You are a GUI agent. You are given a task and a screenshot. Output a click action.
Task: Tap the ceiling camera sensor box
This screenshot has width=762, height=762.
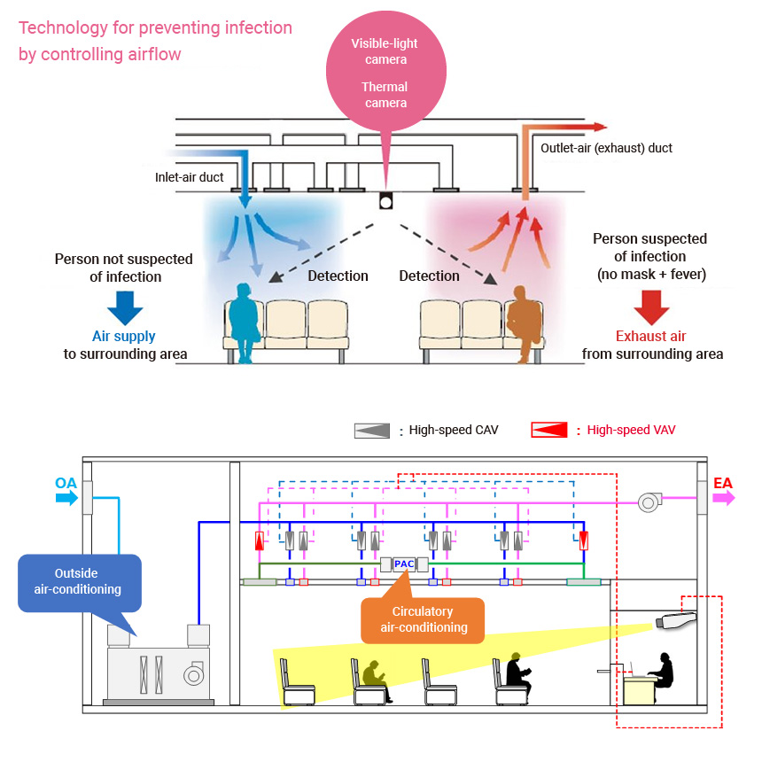pyautogui.click(x=385, y=200)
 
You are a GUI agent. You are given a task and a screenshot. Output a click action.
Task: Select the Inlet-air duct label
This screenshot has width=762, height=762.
pyautogui.click(x=190, y=177)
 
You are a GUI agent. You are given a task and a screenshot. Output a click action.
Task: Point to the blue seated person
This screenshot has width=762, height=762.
pyautogui.click(x=243, y=320)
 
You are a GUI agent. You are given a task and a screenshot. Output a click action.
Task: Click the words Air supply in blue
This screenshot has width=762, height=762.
pyautogui.click(x=124, y=337)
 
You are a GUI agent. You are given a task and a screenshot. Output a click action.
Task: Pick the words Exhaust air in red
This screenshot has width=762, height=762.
pyautogui.click(x=651, y=337)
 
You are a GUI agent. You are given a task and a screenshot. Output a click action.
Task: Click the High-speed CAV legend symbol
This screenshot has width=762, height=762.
pyautogui.click(x=371, y=431)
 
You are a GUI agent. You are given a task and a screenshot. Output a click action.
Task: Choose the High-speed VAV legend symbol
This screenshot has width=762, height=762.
pyautogui.click(x=548, y=431)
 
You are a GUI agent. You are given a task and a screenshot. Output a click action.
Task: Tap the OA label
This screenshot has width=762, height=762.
pyautogui.click(x=66, y=483)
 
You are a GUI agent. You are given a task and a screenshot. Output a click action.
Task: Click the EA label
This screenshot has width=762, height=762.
pyautogui.click(x=723, y=483)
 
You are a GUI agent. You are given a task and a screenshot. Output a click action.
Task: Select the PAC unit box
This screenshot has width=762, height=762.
pyautogui.click(x=404, y=564)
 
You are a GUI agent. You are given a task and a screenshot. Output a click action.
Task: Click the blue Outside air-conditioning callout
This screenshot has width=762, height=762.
pyautogui.click(x=80, y=581)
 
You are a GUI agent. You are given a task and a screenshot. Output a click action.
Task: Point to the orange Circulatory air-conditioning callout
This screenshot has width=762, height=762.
pyautogui.click(x=424, y=619)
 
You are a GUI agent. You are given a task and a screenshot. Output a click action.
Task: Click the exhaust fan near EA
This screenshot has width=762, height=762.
pyautogui.click(x=650, y=503)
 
